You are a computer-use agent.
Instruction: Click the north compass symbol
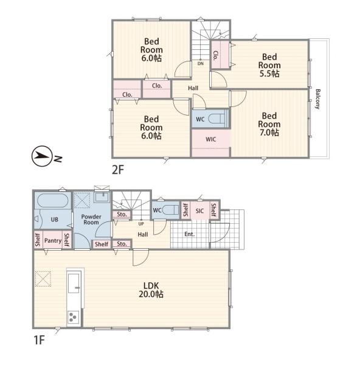[41, 156]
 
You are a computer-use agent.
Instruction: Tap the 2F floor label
[118, 170]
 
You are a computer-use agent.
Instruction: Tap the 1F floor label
[39, 340]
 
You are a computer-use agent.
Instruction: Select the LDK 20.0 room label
[151, 290]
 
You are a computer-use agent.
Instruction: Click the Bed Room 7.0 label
[269, 124]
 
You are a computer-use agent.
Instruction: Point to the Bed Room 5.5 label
[269, 65]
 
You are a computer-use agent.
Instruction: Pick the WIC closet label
[211, 139]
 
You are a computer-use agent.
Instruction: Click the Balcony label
[318, 99]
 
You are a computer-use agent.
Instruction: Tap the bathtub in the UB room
[53, 201]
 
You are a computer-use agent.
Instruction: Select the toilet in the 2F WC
[218, 119]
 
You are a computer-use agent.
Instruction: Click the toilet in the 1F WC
[171, 210]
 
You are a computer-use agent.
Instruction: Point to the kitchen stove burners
[73, 317]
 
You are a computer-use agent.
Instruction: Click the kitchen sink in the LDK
[74, 283]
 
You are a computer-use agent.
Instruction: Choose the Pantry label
[53, 240]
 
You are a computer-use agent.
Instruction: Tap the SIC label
[199, 211]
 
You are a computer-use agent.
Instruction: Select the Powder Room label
[91, 220]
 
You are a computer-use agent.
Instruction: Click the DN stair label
[201, 63]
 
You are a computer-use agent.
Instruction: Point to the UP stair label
[141, 224]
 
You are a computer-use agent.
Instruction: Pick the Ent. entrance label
[189, 234]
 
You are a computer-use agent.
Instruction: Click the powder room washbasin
[102, 197]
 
